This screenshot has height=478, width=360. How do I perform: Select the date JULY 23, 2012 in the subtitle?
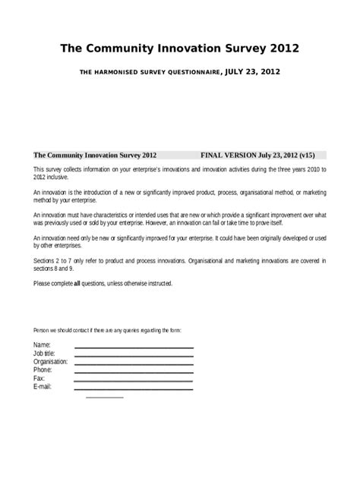253,72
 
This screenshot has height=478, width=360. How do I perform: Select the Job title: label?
45,354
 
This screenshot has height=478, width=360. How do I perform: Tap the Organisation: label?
51,362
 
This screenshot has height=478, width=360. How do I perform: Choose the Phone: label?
43,370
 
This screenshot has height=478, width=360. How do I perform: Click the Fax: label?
39,378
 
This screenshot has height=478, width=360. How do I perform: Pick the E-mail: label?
43,386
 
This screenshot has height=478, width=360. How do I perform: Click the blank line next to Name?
134,347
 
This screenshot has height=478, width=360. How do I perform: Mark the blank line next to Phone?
134,373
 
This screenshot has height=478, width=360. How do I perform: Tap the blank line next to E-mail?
134,389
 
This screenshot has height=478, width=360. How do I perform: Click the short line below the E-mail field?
105,397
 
